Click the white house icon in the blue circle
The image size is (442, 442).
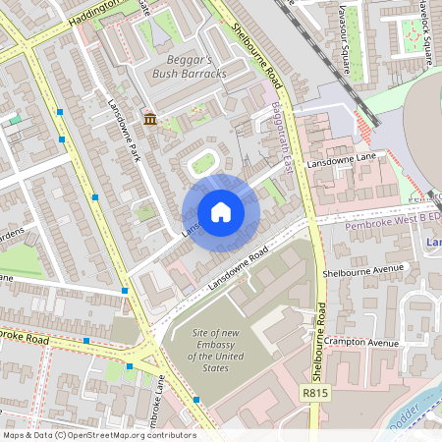(x=221, y=212)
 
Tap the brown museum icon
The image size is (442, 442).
(x=149, y=119)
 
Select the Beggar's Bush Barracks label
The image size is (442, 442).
(x=190, y=66)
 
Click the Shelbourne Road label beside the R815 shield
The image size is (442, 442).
(x=320, y=334)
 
